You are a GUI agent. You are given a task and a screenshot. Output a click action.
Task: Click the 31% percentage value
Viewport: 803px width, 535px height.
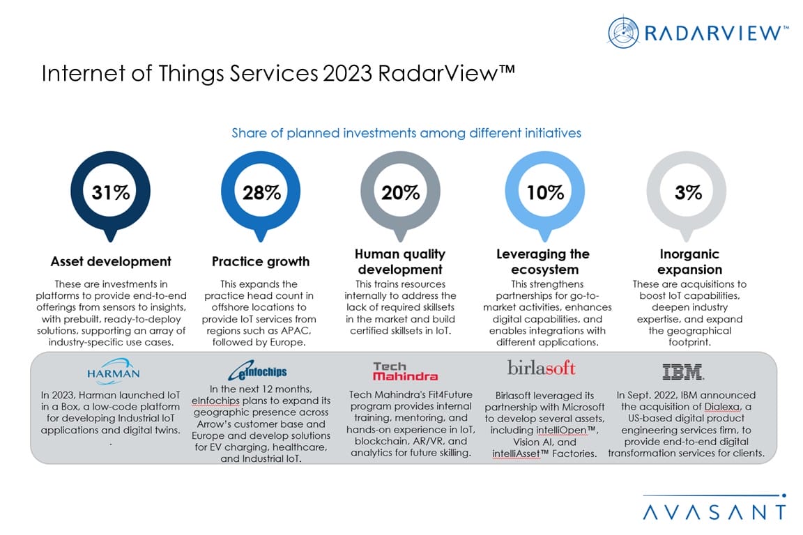(x=111, y=193)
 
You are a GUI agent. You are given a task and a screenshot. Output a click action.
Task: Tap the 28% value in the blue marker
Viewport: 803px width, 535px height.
(x=261, y=193)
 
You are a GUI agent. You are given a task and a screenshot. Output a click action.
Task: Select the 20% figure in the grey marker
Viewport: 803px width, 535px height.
(x=400, y=193)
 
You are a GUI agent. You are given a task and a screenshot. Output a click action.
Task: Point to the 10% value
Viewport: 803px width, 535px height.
(x=544, y=193)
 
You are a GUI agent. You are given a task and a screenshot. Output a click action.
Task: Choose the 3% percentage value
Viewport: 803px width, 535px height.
(x=688, y=193)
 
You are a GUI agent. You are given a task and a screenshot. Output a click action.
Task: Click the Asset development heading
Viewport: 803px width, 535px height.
(x=111, y=262)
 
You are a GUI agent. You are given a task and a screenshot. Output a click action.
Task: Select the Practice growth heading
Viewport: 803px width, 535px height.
(x=261, y=262)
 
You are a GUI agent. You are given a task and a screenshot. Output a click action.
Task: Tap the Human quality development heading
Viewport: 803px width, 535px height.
(x=400, y=261)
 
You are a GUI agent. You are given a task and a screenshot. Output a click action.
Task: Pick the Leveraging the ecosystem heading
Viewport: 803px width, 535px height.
(x=543, y=261)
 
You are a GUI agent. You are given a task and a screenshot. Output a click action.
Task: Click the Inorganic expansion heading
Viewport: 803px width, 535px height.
(x=689, y=261)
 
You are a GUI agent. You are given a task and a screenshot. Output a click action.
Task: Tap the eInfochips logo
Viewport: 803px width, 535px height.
(x=259, y=371)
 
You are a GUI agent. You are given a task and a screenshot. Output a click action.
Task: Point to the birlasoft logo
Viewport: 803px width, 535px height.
(x=542, y=369)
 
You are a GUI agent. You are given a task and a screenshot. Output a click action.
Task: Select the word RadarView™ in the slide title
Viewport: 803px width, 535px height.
(x=447, y=74)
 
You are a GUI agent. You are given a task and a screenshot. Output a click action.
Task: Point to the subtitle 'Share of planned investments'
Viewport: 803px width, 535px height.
(x=406, y=132)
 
